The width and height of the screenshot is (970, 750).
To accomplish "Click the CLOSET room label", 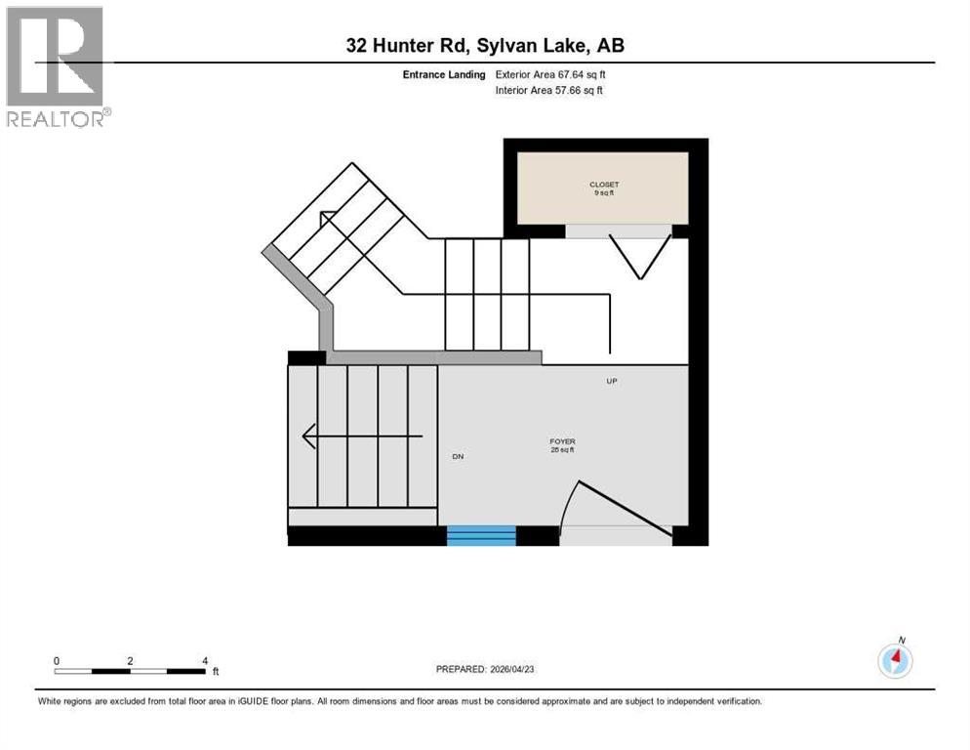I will pyautogui.click(x=603, y=185).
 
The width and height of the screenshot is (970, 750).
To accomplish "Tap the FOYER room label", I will pyautogui.click(x=562, y=441).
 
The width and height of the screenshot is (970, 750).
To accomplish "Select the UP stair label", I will pyautogui.click(x=612, y=381).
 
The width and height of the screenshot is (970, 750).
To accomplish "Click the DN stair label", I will pyautogui.click(x=457, y=456).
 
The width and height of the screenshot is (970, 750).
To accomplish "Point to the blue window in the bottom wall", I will pyautogui.click(x=481, y=534).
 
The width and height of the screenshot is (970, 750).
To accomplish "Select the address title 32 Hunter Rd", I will pyautogui.click(x=485, y=46).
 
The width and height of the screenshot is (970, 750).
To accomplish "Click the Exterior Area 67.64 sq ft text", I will pyautogui.click(x=558, y=74).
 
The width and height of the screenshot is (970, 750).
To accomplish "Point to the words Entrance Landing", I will pyautogui.click(x=444, y=74).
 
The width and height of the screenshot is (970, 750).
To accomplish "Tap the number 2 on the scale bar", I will pyautogui.click(x=130, y=661).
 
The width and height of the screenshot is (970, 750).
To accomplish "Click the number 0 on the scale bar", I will pyautogui.click(x=57, y=661).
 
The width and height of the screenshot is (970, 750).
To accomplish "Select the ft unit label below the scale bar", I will pyautogui.click(x=216, y=672).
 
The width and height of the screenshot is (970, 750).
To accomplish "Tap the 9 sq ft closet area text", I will pyautogui.click(x=603, y=193).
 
